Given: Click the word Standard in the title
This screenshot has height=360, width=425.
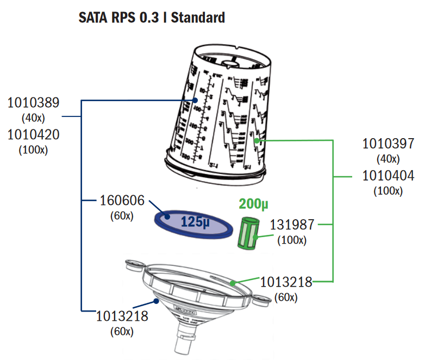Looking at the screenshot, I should [198, 18].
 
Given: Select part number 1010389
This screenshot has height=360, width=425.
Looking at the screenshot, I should [34, 103].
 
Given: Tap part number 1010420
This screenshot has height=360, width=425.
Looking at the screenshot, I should [34, 134].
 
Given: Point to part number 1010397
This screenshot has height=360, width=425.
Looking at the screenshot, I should [388, 144].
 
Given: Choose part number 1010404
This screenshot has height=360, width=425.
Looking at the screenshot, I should [388, 176].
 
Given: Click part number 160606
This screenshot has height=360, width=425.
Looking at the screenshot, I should [122, 200].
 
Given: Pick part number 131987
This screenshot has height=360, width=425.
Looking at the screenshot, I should [293, 224].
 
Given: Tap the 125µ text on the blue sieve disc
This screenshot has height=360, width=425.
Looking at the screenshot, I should [195, 222].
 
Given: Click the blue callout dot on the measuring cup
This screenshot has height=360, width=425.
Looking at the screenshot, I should [195, 100].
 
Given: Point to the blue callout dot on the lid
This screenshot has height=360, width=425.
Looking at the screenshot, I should [155, 300].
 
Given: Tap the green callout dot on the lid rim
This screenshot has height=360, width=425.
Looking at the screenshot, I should [232, 283].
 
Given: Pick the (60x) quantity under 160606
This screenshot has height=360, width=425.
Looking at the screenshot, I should [122, 216].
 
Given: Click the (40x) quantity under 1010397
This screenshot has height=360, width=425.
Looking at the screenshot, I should [388, 159].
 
